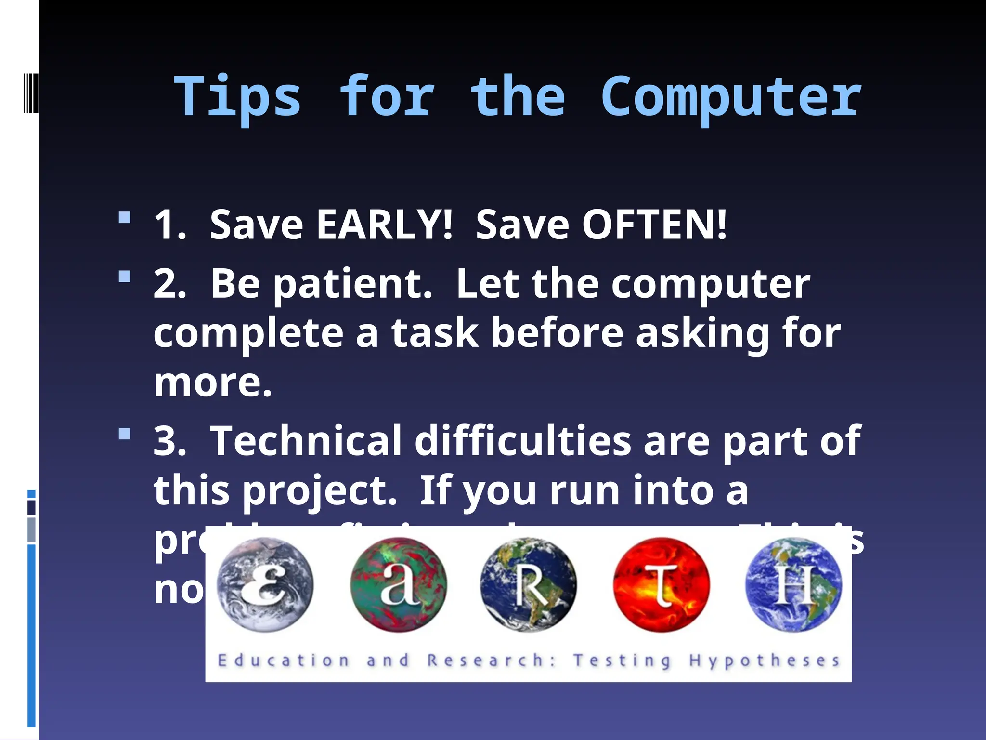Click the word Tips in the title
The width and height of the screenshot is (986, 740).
point(237,98)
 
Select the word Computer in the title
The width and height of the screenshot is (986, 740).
point(731,98)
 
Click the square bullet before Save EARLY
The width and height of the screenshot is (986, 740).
point(125,218)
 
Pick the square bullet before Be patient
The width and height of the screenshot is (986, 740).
point(125,277)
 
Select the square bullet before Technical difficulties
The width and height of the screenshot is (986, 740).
point(125,434)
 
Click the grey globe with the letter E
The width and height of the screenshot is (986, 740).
point(264,584)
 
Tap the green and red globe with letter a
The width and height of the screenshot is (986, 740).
point(398,584)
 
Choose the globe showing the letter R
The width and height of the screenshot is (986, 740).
point(528,584)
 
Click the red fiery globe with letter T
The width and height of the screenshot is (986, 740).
point(661,584)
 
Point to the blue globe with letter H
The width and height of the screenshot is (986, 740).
point(793,584)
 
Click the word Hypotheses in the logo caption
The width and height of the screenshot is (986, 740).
point(764,661)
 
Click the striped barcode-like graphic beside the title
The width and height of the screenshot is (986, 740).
point(31,92)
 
